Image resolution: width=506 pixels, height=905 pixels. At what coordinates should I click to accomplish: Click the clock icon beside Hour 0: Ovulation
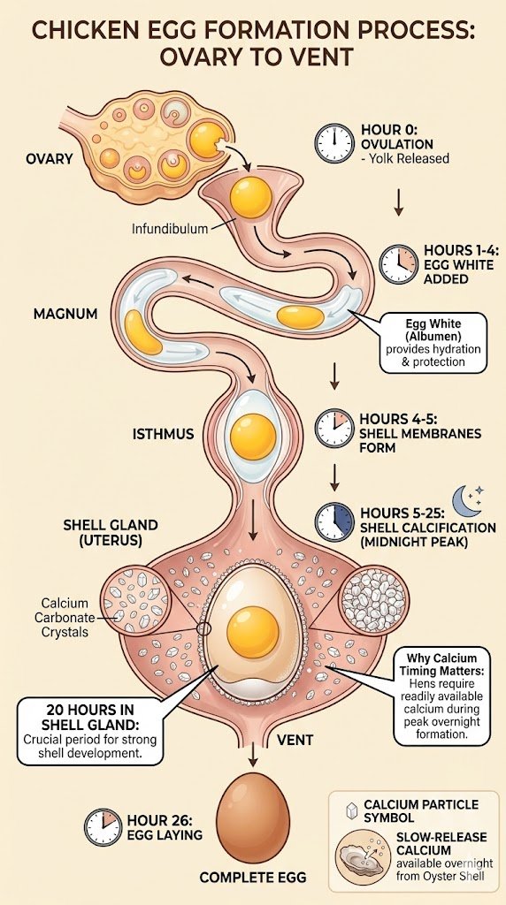(334, 142)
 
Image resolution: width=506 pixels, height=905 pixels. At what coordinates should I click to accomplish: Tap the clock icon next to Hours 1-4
(398, 263)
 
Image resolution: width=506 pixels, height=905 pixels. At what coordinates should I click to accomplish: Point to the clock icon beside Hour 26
(103, 826)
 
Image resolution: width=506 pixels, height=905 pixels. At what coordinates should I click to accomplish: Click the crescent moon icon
(466, 500)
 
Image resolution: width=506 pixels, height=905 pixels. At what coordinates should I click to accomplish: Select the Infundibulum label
(170, 229)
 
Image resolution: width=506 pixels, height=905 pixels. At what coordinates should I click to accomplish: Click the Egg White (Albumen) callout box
(433, 342)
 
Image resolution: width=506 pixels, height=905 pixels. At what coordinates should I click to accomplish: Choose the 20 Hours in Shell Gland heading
(89, 717)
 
